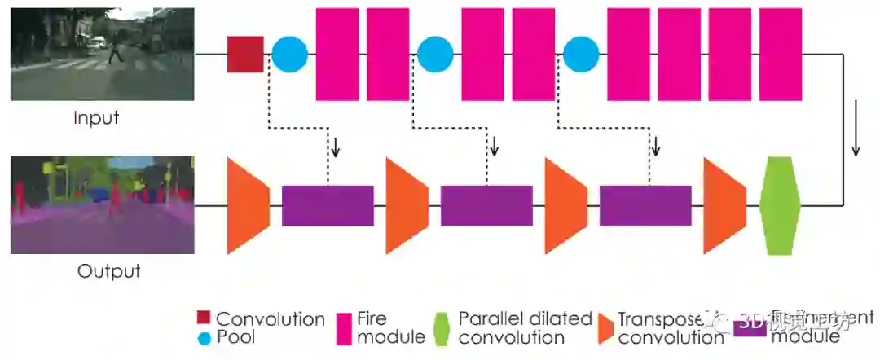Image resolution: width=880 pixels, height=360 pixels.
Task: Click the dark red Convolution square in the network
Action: tap(245, 54)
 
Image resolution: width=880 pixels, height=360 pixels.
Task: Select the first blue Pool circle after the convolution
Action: tap(289, 54)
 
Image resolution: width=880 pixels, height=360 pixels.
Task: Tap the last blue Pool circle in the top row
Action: tap(581, 54)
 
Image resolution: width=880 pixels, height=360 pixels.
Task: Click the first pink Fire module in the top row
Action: tap(337, 54)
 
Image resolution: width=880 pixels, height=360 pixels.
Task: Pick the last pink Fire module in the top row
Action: tap(781, 54)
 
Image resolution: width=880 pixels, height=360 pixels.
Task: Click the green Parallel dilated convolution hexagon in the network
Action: tap(780, 205)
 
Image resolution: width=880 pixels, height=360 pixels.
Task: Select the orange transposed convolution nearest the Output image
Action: tap(247, 205)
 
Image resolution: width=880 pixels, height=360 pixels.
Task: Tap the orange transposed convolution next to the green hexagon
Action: tap(724, 205)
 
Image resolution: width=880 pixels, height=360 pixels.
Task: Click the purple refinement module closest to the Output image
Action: tap(328, 205)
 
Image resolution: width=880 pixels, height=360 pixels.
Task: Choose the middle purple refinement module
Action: tap(486, 205)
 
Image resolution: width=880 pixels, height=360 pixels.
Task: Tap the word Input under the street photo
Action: tap(96, 117)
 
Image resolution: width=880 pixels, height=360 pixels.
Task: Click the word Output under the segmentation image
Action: tap(108, 271)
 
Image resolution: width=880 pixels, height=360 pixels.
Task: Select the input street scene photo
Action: tap(102, 54)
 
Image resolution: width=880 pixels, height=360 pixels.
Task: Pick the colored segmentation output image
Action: tap(102, 205)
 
